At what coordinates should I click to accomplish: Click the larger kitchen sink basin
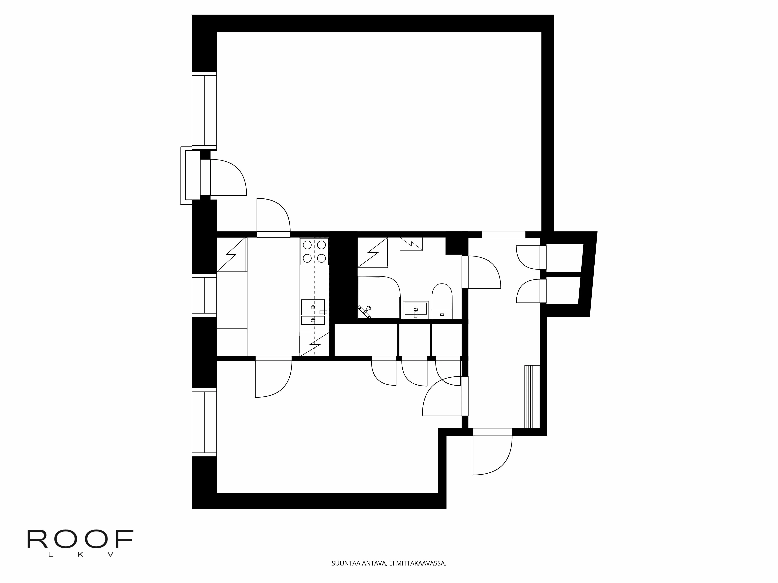[x=313, y=307]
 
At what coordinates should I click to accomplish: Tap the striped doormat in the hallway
[x=532, y=396]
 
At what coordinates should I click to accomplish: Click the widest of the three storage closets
[x=365, y=340]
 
